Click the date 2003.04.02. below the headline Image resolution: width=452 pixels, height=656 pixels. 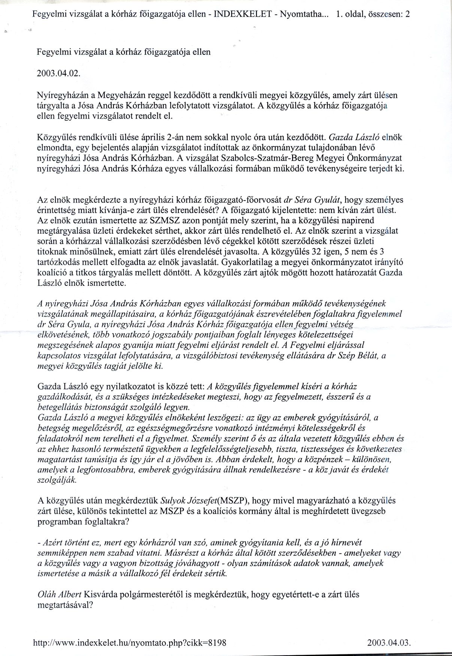pos(58,74)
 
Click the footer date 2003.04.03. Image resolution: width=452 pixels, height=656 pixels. pos(389,642)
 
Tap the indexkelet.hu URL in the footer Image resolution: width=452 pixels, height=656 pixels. pos(130,642)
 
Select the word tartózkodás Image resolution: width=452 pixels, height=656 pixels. pos(59,261)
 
